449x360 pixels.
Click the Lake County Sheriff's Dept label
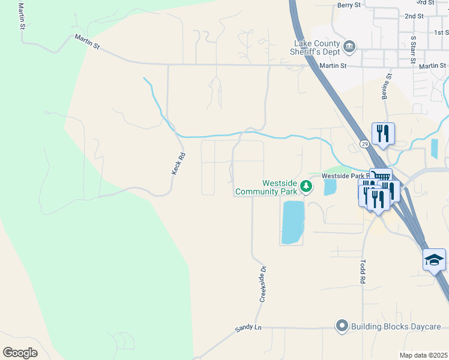[316, 47]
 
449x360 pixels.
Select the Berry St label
[349, 5]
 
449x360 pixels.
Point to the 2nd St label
[414, 16]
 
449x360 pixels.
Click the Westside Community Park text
[266, 187]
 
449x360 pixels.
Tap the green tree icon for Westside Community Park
[306, 187]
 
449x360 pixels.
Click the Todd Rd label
[363, 271]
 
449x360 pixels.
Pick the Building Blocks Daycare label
[396, 326]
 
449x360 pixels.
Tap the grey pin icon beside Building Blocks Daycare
[342, 326]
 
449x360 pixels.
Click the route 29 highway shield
[364, 144]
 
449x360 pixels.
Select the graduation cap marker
[434, 259]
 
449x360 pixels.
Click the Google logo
[20, 353]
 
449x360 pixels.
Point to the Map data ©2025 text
[424, 355]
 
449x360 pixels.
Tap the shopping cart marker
[381, 176]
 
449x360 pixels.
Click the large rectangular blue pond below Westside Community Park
[292, 222]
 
